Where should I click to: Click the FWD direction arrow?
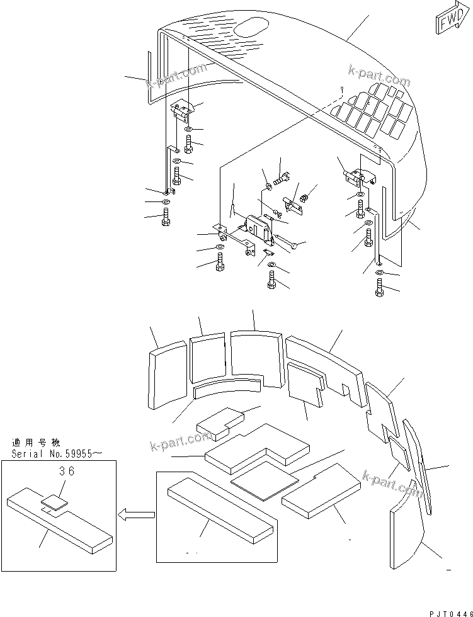(448, 20)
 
